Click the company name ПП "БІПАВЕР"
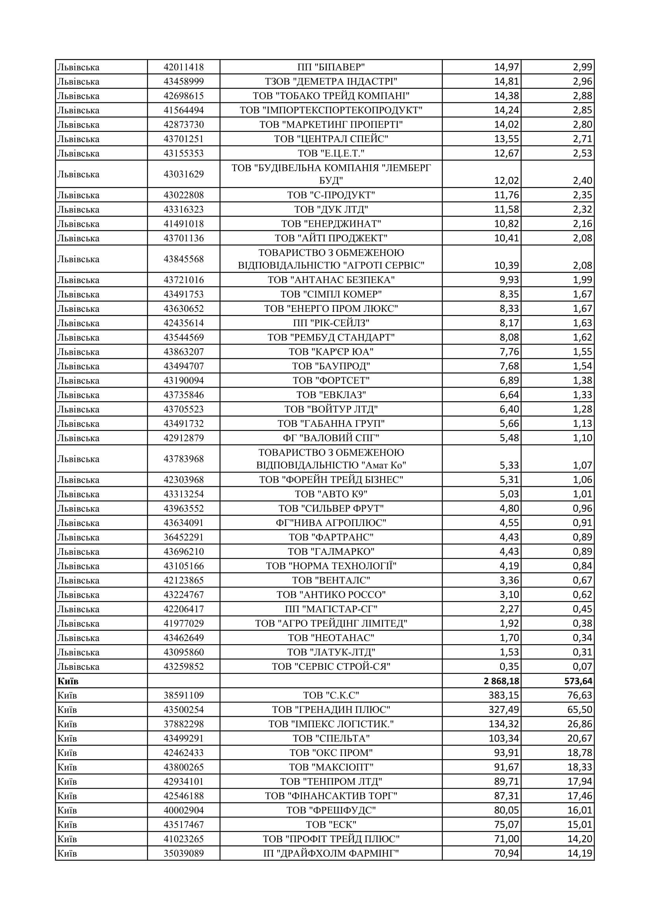331,67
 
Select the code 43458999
183,82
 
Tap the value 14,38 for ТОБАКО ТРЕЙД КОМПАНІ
506,96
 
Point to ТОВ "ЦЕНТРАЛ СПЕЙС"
331,139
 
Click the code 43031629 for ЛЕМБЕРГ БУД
183,174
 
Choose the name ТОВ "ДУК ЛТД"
331,209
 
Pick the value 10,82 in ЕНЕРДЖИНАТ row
506,224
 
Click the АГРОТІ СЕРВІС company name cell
331,259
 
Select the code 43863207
183,352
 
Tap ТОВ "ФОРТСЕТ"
331,380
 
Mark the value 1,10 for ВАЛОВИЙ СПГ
582,438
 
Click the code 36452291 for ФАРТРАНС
183,537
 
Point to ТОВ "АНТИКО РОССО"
331,595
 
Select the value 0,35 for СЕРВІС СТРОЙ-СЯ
509,667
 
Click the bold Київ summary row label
68,681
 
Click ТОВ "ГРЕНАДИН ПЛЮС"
331,710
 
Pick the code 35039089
183,853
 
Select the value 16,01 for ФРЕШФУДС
580,810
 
